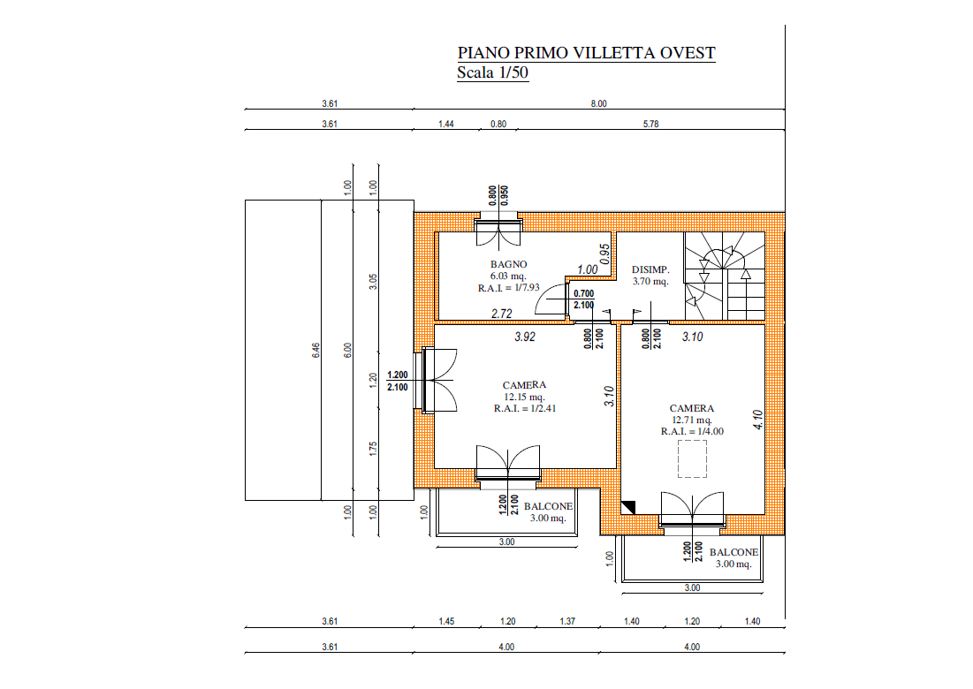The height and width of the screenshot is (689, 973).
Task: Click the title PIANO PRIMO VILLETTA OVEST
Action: point(587,53)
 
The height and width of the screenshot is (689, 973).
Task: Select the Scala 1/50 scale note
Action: point(493,72)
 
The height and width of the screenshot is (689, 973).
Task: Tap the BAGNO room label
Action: point(508,264)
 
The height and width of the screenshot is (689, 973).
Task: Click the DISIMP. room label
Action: point(650,269)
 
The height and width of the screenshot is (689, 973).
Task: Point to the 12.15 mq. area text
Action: point(524,397)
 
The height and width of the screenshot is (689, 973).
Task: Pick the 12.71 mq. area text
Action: point(692,420)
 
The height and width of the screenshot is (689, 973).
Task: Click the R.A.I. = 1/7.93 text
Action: point(509,288)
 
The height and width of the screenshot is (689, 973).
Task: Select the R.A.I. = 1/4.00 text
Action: point(692,432)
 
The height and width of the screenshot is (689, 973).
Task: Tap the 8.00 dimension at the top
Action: point(599,103)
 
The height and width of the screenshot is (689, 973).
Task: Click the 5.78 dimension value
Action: point(651,124)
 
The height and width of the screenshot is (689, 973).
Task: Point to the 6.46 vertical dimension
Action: point(315,351)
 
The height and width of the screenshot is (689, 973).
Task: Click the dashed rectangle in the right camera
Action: point(693,459)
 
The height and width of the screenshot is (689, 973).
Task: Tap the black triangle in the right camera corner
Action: point(628,507)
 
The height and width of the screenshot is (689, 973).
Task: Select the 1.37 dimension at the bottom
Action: point(567,621)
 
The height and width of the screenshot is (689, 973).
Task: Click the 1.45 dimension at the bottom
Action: point(446,621)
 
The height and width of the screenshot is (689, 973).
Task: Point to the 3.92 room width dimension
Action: point(525,337)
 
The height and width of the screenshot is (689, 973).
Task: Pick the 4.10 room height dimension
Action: point(757,420)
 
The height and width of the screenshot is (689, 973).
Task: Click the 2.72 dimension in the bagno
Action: point(502,314)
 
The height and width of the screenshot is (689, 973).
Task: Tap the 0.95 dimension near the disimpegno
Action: point(605,254)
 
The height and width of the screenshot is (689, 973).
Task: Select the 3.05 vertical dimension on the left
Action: point(374,282)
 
